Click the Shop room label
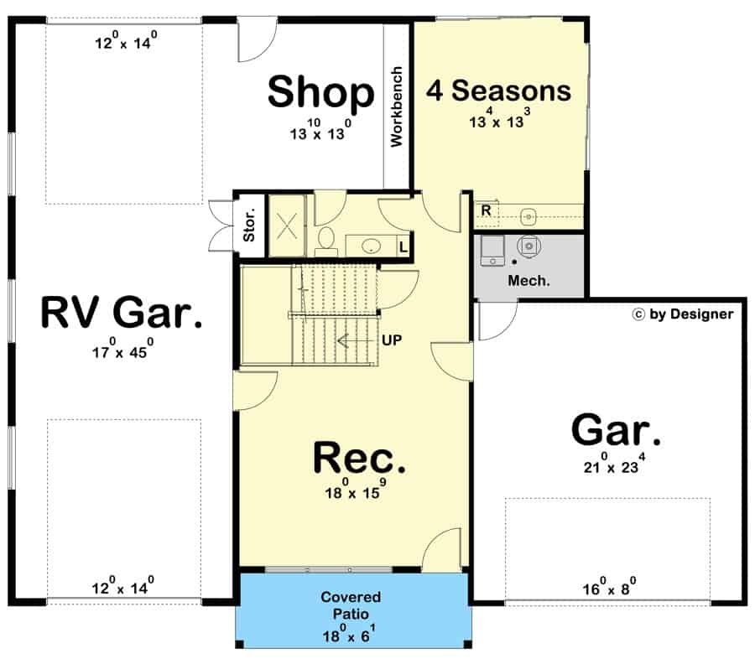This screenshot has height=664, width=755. (320, 92)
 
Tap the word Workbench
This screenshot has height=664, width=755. (396, 106)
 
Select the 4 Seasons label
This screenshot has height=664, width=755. (498, 91)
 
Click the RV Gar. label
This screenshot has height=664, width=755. (122, 312)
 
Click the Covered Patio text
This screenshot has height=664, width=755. (351, 605)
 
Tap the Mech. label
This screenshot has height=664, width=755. (528, 281)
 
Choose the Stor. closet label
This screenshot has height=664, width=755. (248, 225)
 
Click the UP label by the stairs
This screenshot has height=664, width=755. (392, 340)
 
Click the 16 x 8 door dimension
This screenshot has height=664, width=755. (609, 586)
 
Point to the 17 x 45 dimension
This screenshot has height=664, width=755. (122, 349)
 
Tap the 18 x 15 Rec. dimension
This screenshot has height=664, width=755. (356, 489)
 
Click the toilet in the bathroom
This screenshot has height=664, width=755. (326, 241)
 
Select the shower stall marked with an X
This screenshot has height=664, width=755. (287, 226)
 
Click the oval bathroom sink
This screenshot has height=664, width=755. (371, 246)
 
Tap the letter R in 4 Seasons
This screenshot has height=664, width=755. (486, 210)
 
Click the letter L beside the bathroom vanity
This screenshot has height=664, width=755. (403, 247)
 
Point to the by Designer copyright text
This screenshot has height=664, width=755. (683, 314)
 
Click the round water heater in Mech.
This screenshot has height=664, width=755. (528, 246)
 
